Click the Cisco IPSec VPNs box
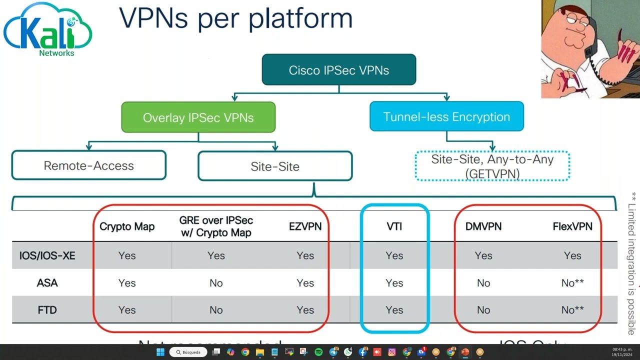tap(339, 70)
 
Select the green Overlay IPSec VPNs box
tap(198, 117)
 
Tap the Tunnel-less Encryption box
tap(446, 116)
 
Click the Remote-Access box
tap(88, 165)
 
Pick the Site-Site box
tap(275, 166)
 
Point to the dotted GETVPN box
tap(492, 166)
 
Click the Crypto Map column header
tap(127, 226)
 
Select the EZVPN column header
tap(305, 226)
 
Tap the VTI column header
tap(394, 226)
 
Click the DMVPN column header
tap(483, 226)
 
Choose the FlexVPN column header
tap(572, 226)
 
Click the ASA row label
tap(47, 283)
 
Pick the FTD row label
tap(47, 310)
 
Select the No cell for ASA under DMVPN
tap(483, 283)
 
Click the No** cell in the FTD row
tap(572, 310)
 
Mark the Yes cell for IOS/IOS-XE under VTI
tap(394, 255)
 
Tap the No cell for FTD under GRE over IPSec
tap(216, 310)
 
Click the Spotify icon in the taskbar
tap(318, 352)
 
